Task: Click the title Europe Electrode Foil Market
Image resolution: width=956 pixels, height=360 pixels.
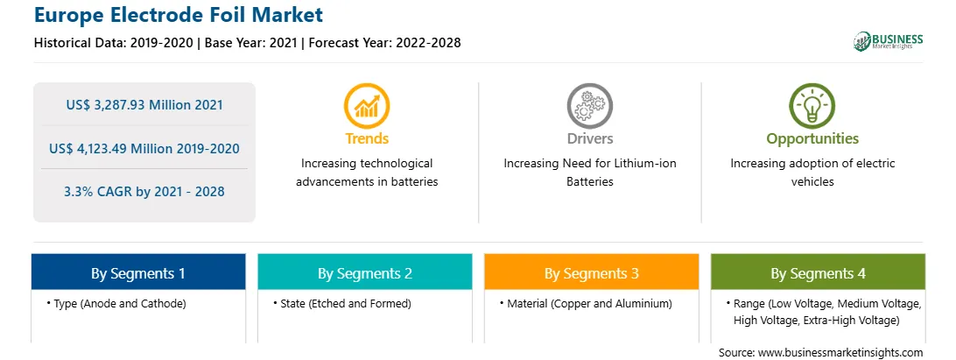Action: (x=179, y=15)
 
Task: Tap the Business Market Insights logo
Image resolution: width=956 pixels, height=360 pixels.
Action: (x=889, y=41)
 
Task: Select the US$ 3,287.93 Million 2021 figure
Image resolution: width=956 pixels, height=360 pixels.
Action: (x=144, y=105)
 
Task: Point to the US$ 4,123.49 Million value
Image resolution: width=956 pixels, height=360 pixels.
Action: (x=121, y=148)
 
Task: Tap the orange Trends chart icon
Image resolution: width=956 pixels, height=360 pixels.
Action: (x=367, y=106)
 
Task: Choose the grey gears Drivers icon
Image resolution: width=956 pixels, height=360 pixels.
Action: (x=589, y=106)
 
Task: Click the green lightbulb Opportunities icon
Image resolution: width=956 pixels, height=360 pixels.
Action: (x=812, y=106)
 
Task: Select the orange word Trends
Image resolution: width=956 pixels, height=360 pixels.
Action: (x=367, y=138)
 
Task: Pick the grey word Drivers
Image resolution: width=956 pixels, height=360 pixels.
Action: (x=589, y=138)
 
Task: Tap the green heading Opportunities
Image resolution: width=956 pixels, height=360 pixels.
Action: (x=812, y=139)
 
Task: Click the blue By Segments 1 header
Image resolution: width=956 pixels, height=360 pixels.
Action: (x=138, y=272)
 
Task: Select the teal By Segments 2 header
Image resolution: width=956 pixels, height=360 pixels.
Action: (x=364, y=272)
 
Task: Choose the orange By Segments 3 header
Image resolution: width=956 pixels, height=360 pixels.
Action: (x=592, y=272)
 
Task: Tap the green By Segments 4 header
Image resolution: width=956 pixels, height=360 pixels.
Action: (x=819, y=272)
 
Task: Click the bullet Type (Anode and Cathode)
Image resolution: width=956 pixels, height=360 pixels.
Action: (x=116, y=303)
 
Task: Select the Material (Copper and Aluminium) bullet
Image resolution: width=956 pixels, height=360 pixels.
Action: (x=586, y=303)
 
